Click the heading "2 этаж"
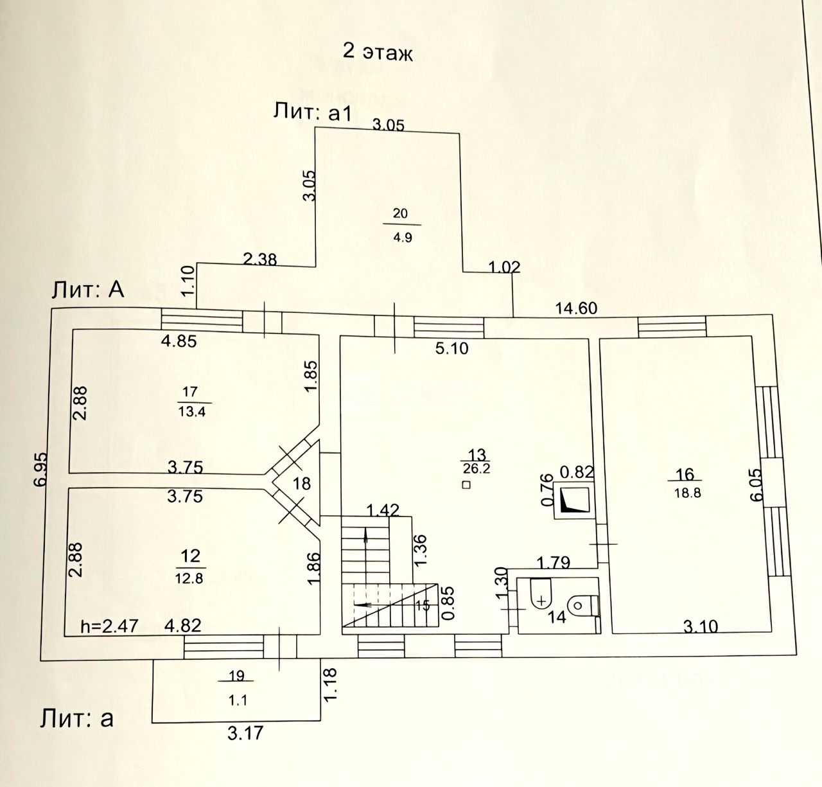378,53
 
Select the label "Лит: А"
88,290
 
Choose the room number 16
685,474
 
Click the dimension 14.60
576,308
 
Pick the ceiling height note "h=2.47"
109,626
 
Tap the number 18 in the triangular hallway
301,483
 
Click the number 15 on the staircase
422,605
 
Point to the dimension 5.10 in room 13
452,349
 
